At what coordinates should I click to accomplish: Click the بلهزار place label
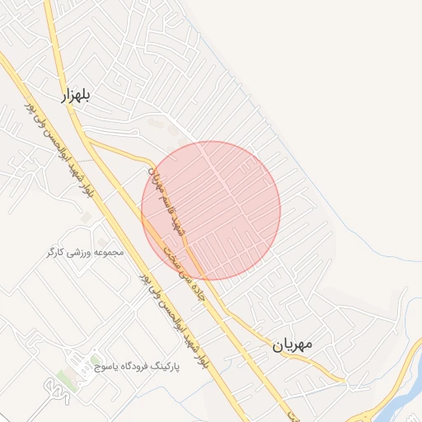(74, 96)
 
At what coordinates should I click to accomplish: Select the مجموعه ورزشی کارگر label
(85, 251)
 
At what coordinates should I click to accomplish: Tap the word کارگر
(58, 251)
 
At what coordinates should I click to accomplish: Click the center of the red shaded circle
(211, 210)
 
